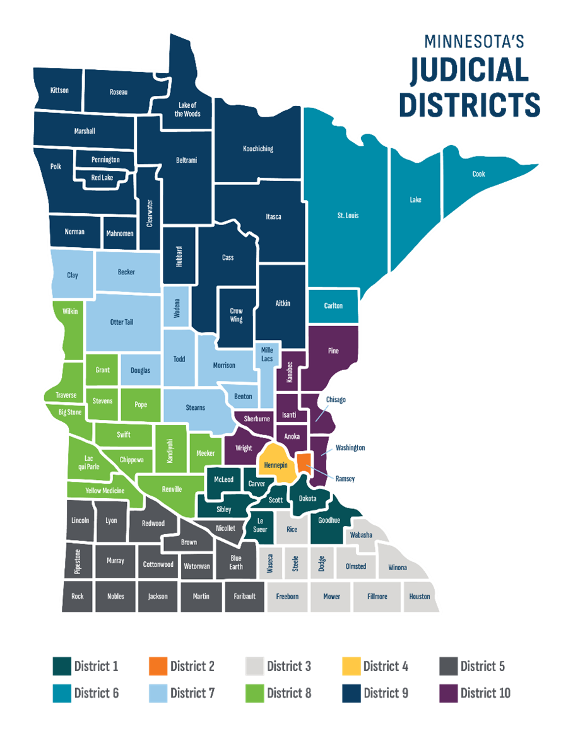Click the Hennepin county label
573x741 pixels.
point(276,465)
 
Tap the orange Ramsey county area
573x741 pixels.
point(304,462)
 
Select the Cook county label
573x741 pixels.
point(478,174)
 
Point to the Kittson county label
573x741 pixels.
point(59,91)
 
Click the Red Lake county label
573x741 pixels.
point(102,178)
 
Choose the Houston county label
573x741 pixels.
point(419,597)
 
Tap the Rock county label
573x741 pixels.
point(77,597)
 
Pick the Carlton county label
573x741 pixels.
point(333,306)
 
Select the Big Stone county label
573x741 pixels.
point(70,412)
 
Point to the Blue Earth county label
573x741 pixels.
point(235,562)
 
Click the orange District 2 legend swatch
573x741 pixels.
point(158,666)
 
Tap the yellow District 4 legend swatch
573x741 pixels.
point(351,666)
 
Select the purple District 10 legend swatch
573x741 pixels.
point(447,693)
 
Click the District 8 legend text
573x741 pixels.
point(289,694)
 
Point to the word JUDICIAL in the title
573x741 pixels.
point(469,70)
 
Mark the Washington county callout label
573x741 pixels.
point(350,448)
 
